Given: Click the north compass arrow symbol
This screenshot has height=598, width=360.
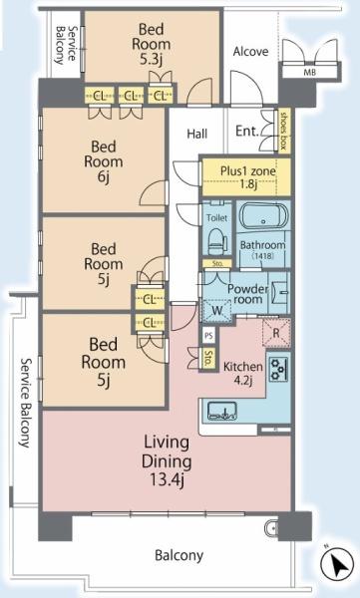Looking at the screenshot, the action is tap(337, 564).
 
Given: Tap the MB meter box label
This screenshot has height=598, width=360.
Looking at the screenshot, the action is tap(310, 72).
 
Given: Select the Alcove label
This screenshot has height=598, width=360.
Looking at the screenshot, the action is tap(250, 52).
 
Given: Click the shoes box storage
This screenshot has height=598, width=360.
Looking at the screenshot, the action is tap(283, 131).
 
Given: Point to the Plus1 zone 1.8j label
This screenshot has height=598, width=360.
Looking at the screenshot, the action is tap(247, 177).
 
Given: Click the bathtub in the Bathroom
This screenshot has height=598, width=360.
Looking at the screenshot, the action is tap(263, 215).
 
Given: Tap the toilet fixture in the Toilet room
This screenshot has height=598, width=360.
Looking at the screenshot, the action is tap(217, 241).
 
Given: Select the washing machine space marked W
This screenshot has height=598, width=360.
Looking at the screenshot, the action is tap(216, 310).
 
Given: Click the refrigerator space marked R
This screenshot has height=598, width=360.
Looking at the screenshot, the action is tap(276, 333).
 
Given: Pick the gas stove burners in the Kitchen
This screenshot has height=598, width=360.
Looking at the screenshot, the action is tap(279, 369).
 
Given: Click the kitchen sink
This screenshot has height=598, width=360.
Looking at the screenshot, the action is tap(221, 411).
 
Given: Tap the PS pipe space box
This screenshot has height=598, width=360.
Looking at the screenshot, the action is tap(208, 336).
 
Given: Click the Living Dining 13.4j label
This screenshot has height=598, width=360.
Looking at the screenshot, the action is tap(167, 461).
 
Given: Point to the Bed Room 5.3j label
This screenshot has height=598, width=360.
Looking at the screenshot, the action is tap(152, 44).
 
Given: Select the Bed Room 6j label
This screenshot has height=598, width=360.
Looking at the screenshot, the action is tap(103, 161).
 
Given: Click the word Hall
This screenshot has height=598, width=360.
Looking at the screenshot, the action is tap(197, 134).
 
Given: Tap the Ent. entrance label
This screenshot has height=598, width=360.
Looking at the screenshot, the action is tap(247, 132).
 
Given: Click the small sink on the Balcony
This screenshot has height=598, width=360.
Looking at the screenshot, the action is tap(270, 527).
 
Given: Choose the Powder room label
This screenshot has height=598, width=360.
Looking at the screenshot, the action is tap(247, 294).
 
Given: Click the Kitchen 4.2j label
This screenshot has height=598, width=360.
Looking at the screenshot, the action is tap(243, 374).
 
